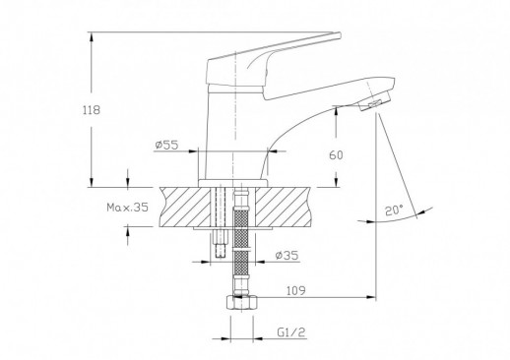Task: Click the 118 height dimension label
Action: click(91, 110)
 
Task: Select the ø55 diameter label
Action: click(166, 145)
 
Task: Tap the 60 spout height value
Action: click(336, 154)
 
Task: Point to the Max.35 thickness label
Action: click(127, 208)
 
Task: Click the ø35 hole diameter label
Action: click(287, 255)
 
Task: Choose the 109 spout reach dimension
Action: click(296, 290)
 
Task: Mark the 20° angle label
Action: click(394, 210)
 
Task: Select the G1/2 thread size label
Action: click(291, 332)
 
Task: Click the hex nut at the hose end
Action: click(242, 303)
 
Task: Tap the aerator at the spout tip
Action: click(375, 101)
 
